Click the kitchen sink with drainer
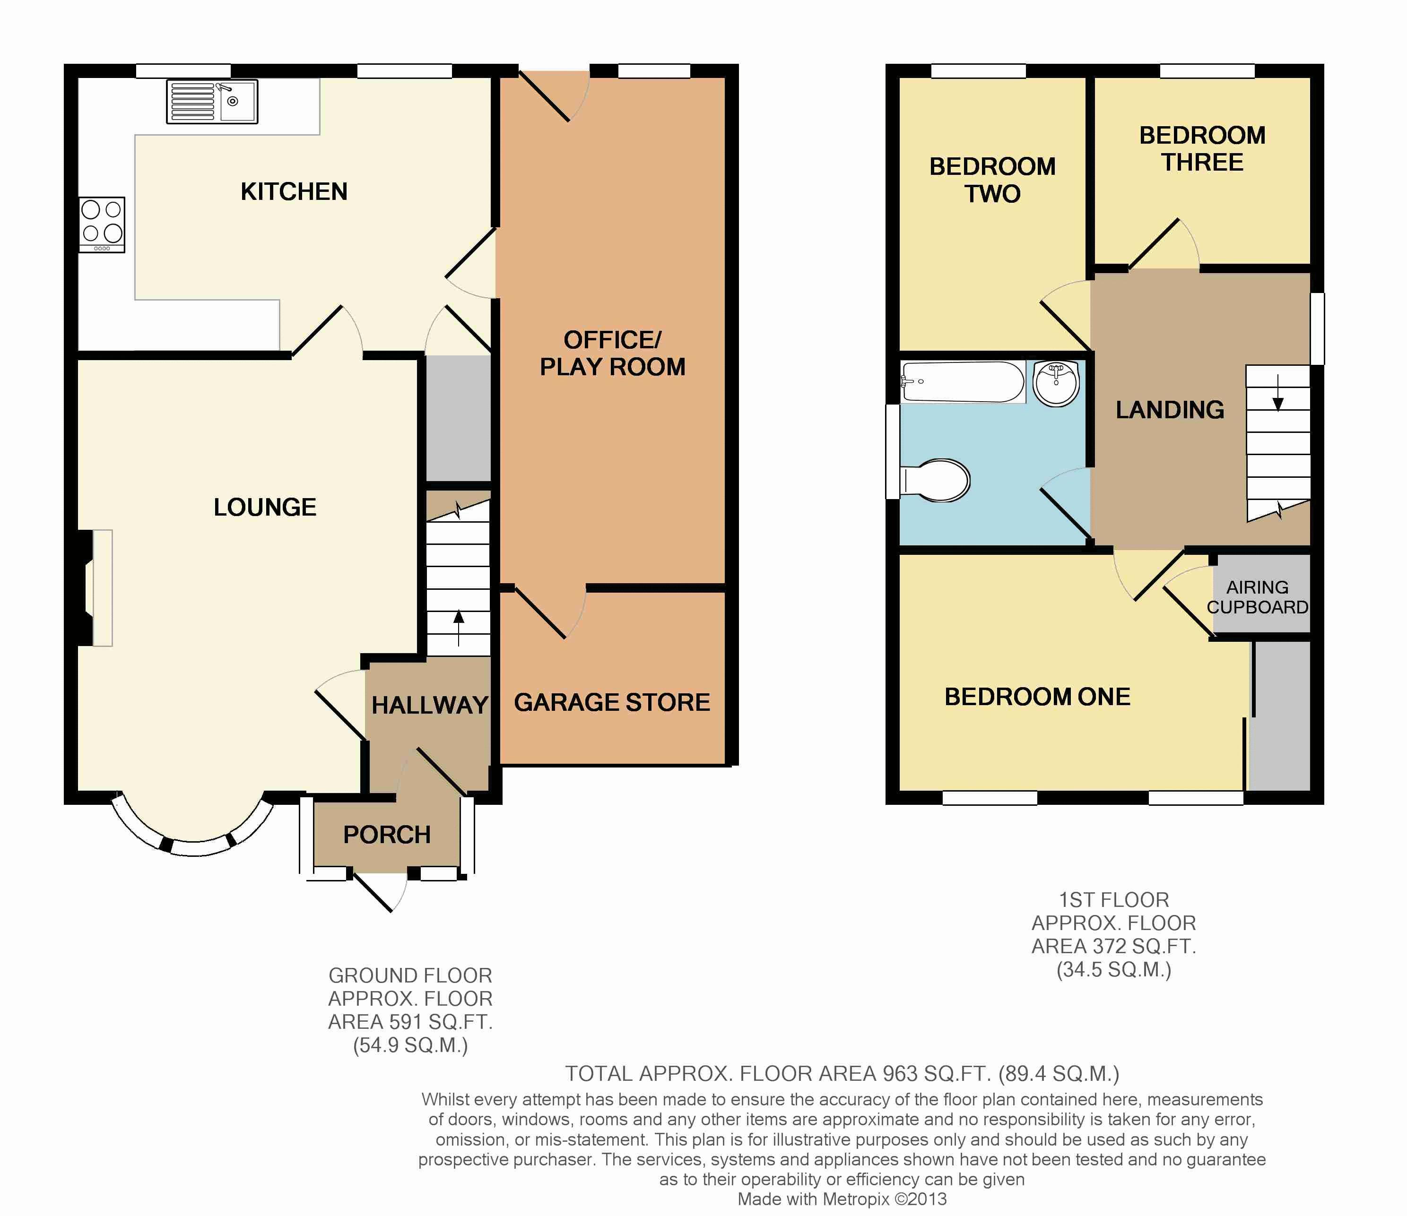(212, 102)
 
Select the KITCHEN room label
(294, 191)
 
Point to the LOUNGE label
(265, 507)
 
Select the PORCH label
(387, 835)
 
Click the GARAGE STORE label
(612, 702)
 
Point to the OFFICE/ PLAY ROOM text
(613, 353)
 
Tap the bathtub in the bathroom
(963, 382)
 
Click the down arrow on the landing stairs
(1278, 393)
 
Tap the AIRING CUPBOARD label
(1258, 597)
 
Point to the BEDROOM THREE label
(1203, 149)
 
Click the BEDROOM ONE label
(1038, 697)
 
